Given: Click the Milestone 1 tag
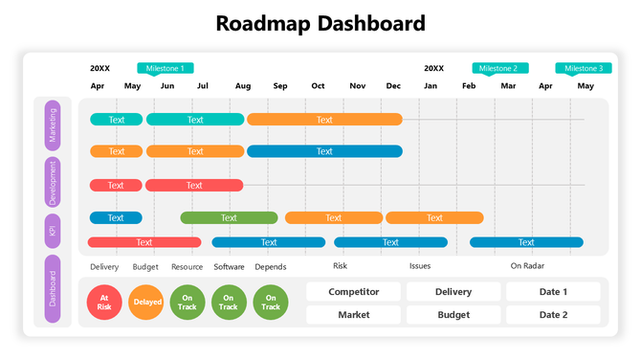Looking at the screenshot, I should (x=166, y=68).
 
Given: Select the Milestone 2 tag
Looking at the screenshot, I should (x=499, y=68).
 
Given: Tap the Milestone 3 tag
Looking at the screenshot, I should (x=583, y=68).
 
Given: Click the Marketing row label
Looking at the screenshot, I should (x=53, y=124).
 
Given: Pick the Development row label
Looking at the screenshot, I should (x=53, y=183).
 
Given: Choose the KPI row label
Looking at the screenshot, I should (x=53, y=231).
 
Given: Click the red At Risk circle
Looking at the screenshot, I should (x=104, y=302).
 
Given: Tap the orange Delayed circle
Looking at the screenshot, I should (x=146, y=302).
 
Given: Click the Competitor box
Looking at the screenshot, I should (x=354, y=292).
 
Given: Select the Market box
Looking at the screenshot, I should (x=354, y=315).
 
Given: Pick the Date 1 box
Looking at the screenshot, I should (x=553, y=292).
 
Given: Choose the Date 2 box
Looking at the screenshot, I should (x=553, y=315).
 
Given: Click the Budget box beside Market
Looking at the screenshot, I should (x=453, y=315).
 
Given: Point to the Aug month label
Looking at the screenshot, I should (x=243, y=86).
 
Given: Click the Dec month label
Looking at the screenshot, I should (x=393, y=86).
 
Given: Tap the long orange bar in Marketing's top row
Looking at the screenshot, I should (x=324, y=120).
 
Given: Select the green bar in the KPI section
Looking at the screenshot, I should (x=229, y=217).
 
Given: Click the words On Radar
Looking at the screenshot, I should (x=527, y=266).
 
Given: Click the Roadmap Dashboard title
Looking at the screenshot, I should (x=320, y=23).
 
